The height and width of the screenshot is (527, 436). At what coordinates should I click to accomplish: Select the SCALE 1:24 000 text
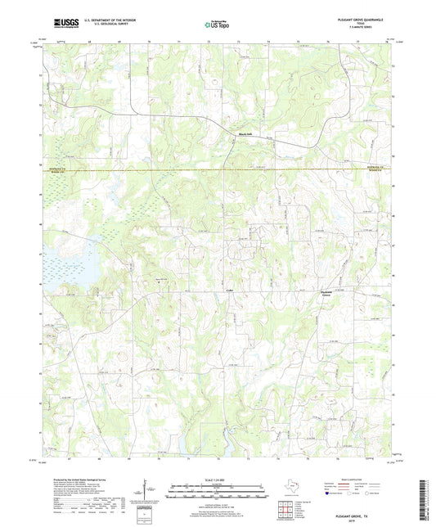218,480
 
